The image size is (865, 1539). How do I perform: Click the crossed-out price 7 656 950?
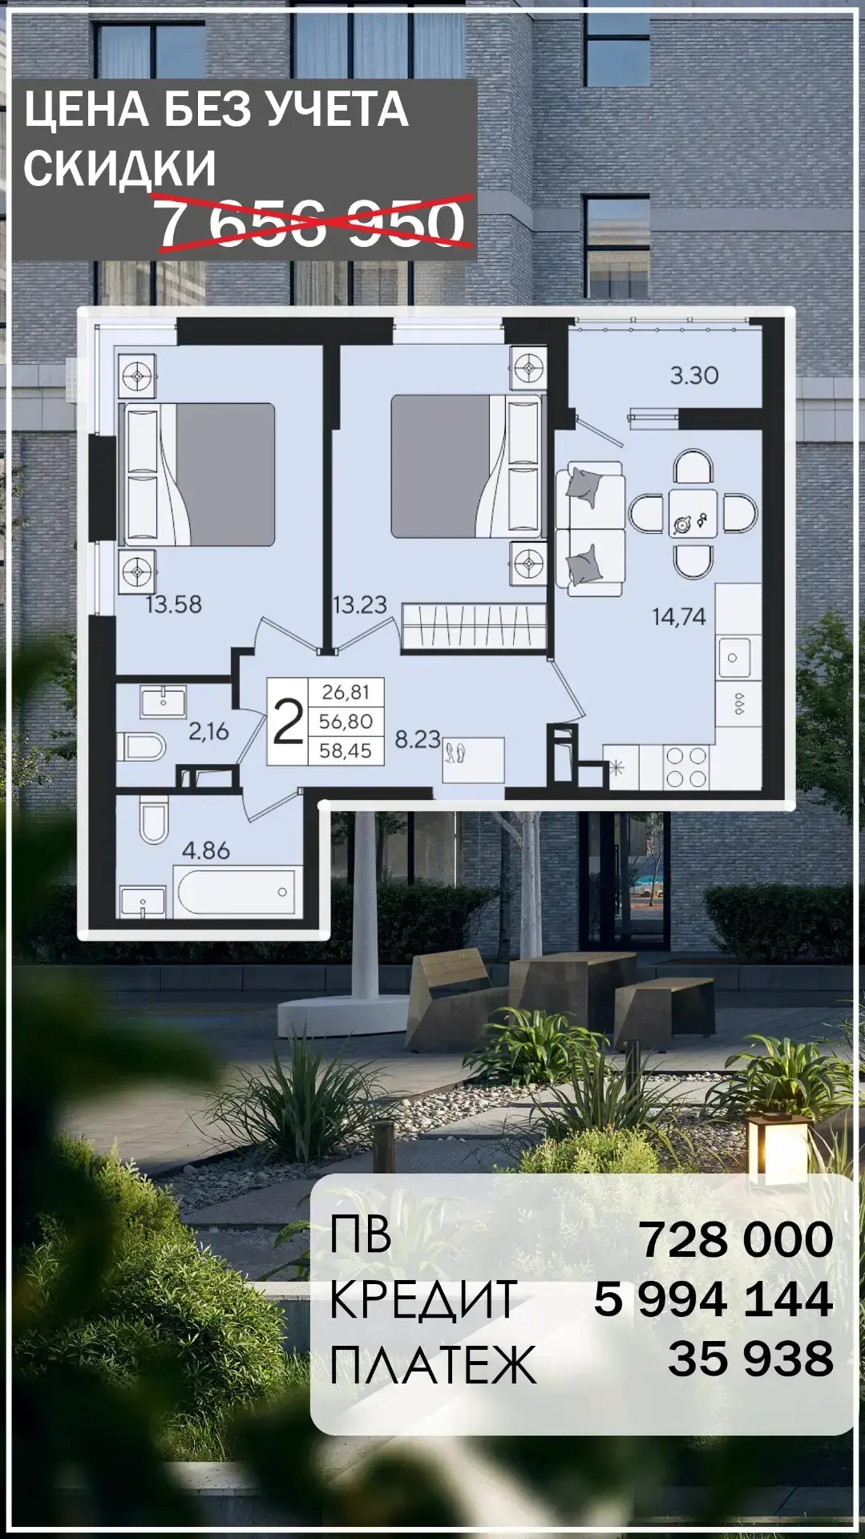(x=311, y=223)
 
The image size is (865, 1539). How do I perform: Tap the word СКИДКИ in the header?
(x=120, y=168)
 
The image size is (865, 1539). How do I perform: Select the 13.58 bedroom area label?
(x=173, y=604)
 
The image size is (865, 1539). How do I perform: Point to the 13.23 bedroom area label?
(x=360, y=604)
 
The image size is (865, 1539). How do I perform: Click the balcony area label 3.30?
(x=694, y=375)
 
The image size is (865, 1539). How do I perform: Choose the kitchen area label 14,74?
(x=679, y=616)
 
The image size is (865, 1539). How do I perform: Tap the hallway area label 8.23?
(x=418, y=739)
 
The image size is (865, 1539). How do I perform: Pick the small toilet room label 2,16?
(x=208, y=731)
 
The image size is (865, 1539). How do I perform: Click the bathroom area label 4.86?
(x=206, y=850)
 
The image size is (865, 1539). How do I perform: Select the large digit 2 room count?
(x=288, y=721)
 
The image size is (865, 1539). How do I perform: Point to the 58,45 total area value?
(x=346, y=751)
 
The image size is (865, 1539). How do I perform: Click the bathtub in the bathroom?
(x=236, y=892)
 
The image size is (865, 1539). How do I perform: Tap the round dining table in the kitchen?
(x=693, y=513)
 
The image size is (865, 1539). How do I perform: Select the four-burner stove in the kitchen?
(x=687, y=767)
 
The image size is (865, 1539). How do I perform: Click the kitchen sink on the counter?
(x=734, y=658)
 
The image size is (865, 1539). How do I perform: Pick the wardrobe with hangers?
(x=474, y=626)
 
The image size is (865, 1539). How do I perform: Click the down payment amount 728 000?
(x=736, y=1239)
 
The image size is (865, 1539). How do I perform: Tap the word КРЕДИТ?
(x=422, y=1299)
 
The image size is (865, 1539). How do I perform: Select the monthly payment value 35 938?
(x=750, y=1359)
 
